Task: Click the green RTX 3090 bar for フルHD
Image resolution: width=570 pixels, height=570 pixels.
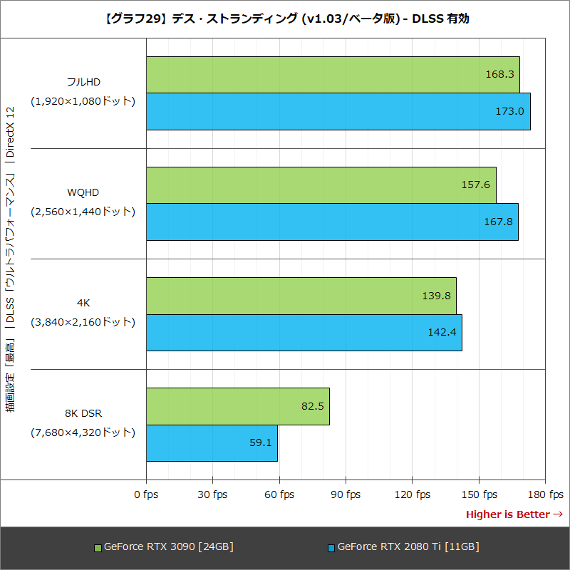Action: pos(333,75)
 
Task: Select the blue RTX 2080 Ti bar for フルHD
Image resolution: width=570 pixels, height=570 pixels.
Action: pos(338,111)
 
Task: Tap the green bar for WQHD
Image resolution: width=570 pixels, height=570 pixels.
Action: pos(321,185)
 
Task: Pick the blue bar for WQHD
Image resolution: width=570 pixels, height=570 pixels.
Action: pos(332,222)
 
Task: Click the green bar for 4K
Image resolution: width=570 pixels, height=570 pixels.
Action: pos(301,296)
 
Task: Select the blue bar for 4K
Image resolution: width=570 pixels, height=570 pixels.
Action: pos(304,332)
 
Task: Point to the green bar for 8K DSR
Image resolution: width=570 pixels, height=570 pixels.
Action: pos(237,406)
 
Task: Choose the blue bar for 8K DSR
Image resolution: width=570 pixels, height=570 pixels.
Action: pos(212,442)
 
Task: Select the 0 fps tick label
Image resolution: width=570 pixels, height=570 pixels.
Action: pos(146,494)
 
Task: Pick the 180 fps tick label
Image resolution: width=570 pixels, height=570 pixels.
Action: pos(546,494)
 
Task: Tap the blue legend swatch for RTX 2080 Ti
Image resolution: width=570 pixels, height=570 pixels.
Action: pos(331,548)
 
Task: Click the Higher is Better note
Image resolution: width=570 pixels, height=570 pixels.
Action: pos(514,514)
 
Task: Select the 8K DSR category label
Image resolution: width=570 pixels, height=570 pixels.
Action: pos(83,413)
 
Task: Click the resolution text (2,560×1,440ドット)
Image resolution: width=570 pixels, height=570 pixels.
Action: pos(83,211)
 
